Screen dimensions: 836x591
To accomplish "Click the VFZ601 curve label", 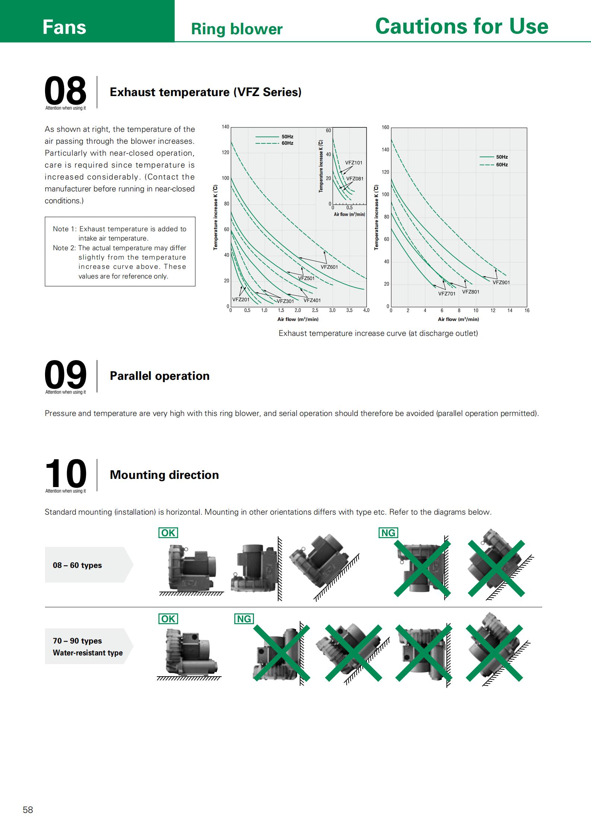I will (x=329, y=267).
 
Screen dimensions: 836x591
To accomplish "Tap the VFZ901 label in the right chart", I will (x=501, y=282).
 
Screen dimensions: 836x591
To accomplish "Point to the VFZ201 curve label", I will (x=241, y=299).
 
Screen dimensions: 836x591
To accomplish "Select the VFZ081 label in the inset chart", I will (x=355, y=178).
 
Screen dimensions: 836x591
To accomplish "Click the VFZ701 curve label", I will (x=447, y=293).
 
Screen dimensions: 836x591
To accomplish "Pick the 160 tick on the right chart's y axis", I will (x=385, y=127).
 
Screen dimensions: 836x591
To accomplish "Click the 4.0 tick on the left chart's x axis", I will (x=366, y=310).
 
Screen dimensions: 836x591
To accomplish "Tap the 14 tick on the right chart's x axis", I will (x=509, y=310).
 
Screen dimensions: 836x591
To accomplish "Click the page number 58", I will (x=28, y=810).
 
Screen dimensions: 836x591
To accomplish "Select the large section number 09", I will (x=66, y=374).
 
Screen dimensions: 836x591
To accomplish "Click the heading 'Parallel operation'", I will (x=159, y=376).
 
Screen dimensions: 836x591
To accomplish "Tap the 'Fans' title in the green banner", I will (x=64, y=27).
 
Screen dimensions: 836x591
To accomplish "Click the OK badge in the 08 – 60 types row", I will (x=168, y=533).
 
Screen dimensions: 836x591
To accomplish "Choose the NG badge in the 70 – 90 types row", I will (x=244, y=619).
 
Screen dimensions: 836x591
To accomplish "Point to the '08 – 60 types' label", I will (x=77, y=565).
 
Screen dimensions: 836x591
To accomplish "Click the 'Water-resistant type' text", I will (x=88, y=652).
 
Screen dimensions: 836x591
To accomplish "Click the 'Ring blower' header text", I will (x=236, y=29).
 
